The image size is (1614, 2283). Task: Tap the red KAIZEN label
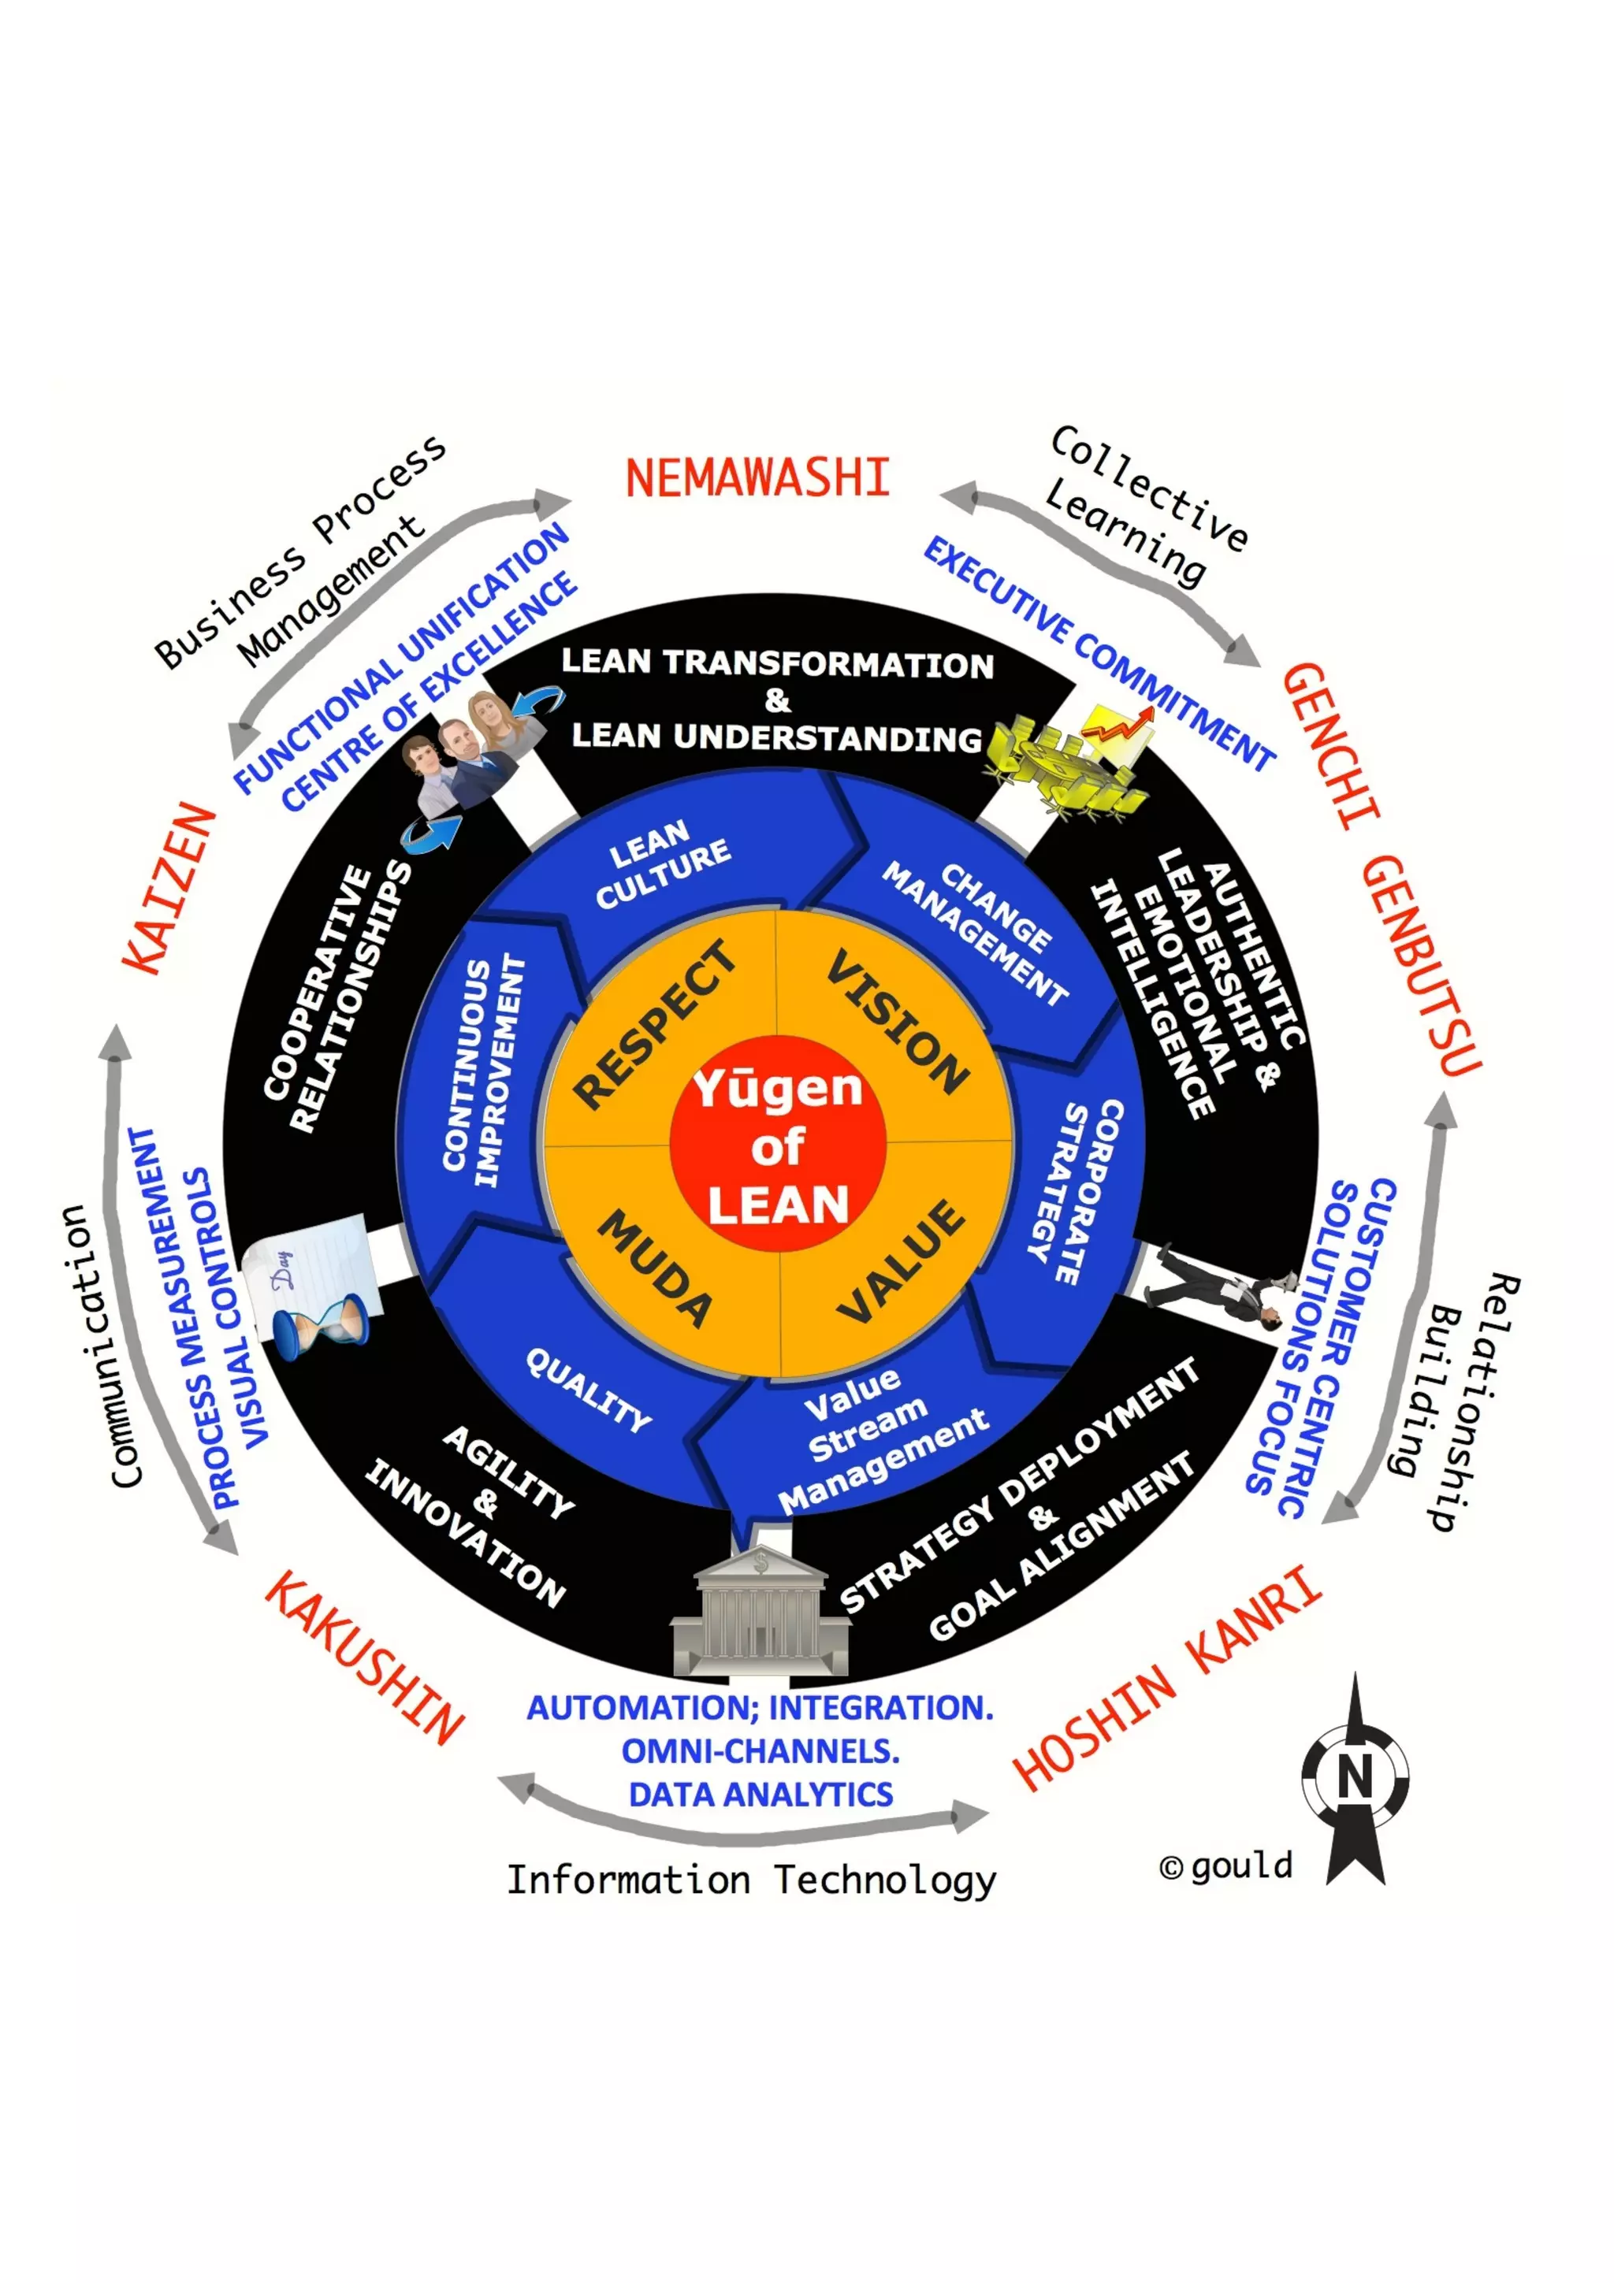[169, 888]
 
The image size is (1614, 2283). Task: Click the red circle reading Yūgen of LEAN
[778, 1145]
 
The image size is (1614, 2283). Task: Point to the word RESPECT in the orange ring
[656, 1024]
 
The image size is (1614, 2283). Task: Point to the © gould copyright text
[1226, 1866]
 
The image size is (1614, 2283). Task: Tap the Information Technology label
[751, 1880]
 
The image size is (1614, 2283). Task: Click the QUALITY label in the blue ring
[589, 1389]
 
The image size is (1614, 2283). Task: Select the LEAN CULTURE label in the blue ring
[661, 863]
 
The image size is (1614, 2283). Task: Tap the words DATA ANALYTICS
[761, 1795]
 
